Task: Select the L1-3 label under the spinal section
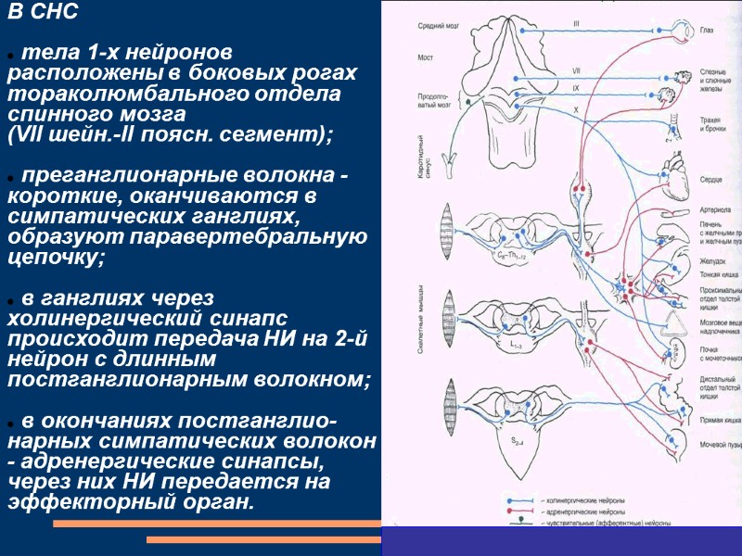tap(518, 344)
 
